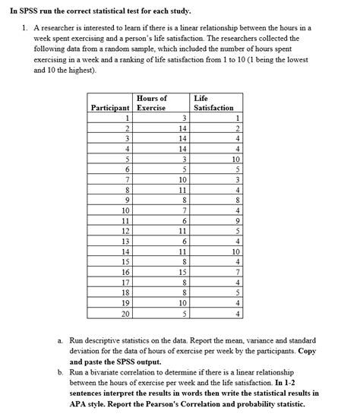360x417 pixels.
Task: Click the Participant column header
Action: pos(112,108)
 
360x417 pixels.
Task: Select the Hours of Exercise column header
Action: pos(152,103)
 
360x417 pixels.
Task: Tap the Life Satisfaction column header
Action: pos(213,103)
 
